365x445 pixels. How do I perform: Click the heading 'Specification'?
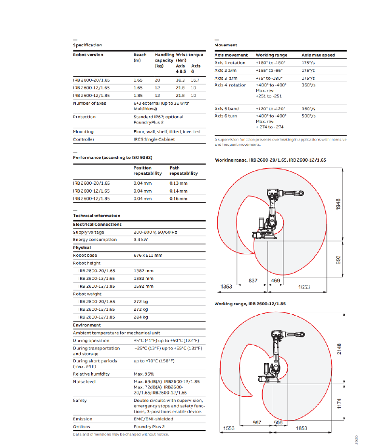(87, 45)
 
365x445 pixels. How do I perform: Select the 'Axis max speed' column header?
(318, 55)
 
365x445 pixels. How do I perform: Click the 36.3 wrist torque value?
(181, 80)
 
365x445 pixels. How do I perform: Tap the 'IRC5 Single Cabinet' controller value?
(154, 139)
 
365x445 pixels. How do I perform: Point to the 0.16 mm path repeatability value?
(179, 198)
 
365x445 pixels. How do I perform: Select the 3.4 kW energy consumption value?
(141, 240)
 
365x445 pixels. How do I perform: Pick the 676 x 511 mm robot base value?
(148, 255)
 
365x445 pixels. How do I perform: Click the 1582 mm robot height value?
(143, 286)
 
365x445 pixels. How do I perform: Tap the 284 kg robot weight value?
(141, 317)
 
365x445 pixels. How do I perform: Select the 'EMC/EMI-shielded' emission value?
(153, 419)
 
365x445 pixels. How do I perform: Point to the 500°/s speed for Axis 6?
(309, 116)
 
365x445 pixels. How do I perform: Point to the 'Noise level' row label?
(84, 382)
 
